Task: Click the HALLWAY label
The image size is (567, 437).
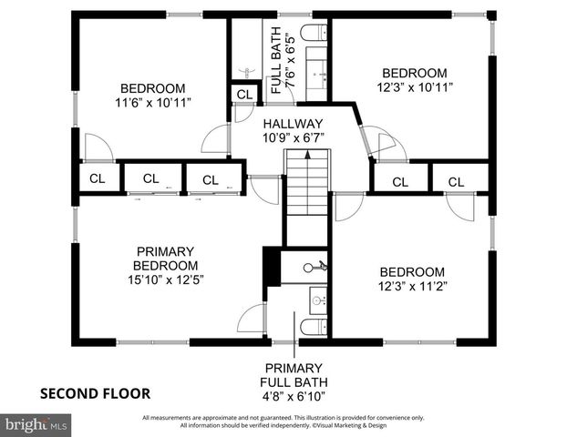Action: click(x=294, y=123)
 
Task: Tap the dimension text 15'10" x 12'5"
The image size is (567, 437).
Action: click(x=166, y=279)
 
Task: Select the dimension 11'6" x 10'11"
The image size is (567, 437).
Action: click(x=152, y=104)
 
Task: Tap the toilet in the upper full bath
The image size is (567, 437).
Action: click(x=312, y=36)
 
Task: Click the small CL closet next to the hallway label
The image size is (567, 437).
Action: click(x=243, y=95)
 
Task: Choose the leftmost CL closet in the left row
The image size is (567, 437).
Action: click(x=97, y=178)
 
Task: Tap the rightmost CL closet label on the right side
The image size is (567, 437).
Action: click(x=457, y=182)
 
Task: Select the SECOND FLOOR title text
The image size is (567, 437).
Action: click(x=95, y=393)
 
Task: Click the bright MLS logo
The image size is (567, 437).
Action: click(x=36, y=425)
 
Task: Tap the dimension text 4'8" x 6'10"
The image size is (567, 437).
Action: click(x=294, y=396)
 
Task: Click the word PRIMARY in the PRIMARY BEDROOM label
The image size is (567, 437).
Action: click(x=166, y=251)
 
